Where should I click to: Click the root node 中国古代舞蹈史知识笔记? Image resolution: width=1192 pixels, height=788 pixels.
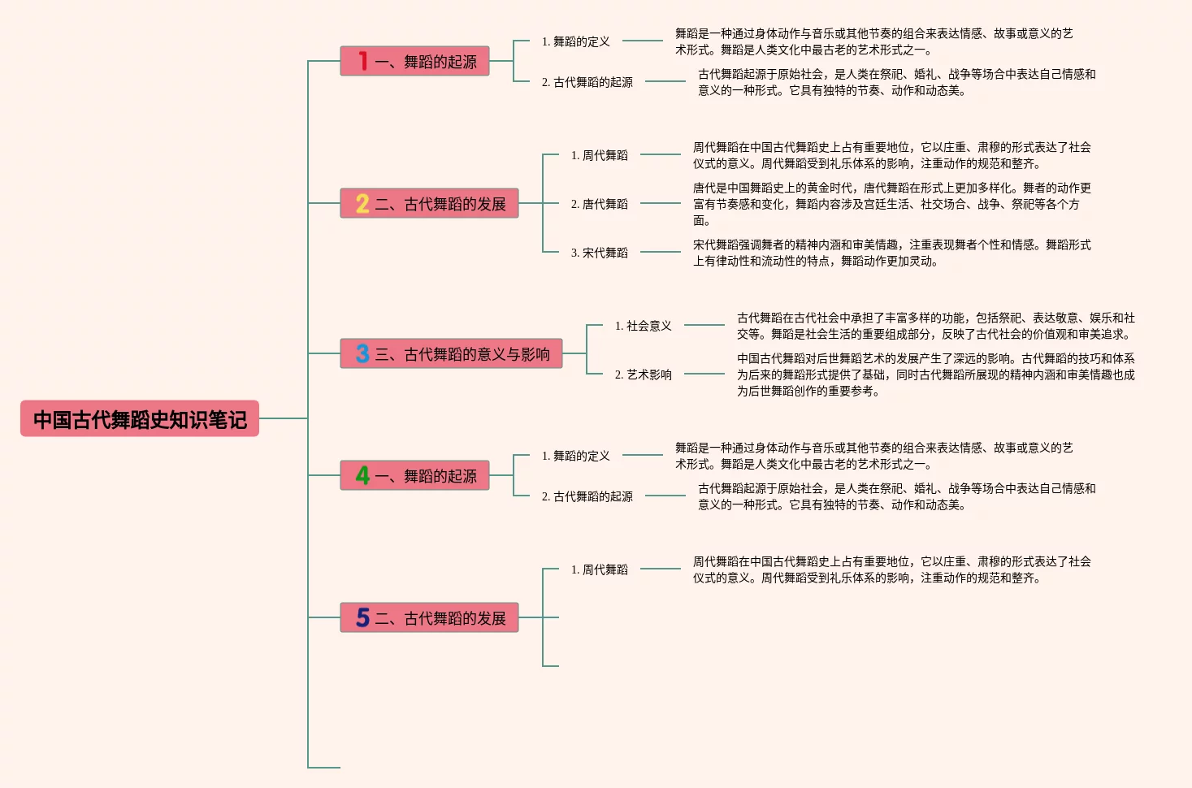coord(140,418)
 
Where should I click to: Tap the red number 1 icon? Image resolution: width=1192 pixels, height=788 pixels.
coord(363,61)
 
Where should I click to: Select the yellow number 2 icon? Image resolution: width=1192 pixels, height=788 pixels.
coord(362,203)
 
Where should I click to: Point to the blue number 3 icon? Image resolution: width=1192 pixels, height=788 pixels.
coord(362,353)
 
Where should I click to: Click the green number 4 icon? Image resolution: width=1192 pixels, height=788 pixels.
coord(362,475)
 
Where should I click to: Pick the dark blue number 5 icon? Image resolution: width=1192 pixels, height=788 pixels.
coord(362,617)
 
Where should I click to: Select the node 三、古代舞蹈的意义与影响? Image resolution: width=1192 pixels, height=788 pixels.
coord(451,353)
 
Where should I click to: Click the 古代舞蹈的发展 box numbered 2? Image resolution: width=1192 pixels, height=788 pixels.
coord(430,203)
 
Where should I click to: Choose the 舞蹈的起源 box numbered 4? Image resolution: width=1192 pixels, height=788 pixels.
coord(414,475)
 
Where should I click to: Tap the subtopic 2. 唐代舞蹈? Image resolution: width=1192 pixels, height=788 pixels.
coord(599,204)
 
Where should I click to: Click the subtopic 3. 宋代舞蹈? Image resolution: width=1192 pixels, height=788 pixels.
coord(599,253)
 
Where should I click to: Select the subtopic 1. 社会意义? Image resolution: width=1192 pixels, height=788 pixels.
coord(644,326)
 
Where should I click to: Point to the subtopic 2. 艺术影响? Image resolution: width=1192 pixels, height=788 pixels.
coord(644,375)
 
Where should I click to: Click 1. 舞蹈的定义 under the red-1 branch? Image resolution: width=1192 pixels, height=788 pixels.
coord(576,41)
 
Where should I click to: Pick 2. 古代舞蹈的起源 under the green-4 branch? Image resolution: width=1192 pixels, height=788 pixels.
coord(587,496)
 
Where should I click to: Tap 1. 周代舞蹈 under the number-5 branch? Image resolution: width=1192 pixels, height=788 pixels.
coord(599,569)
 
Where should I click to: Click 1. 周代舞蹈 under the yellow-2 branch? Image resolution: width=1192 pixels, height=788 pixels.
coord(599,155)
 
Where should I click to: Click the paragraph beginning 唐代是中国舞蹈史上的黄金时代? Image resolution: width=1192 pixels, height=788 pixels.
coord(892,204)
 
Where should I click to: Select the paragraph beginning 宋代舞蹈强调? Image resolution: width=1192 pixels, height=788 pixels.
coord(892,253)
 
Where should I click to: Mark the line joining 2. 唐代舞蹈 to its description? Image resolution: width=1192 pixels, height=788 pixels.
coord(661,203)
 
